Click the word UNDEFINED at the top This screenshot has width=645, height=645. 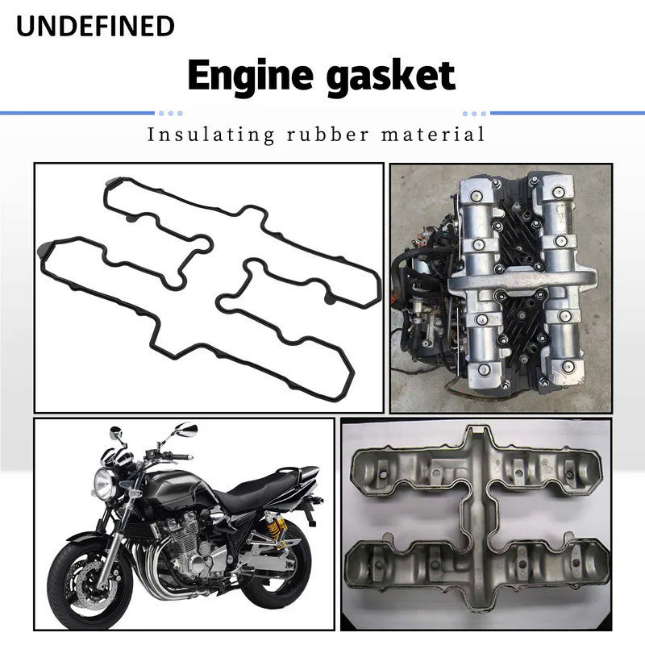tap(96, 27)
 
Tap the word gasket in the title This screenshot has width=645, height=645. tap(394, 77)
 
